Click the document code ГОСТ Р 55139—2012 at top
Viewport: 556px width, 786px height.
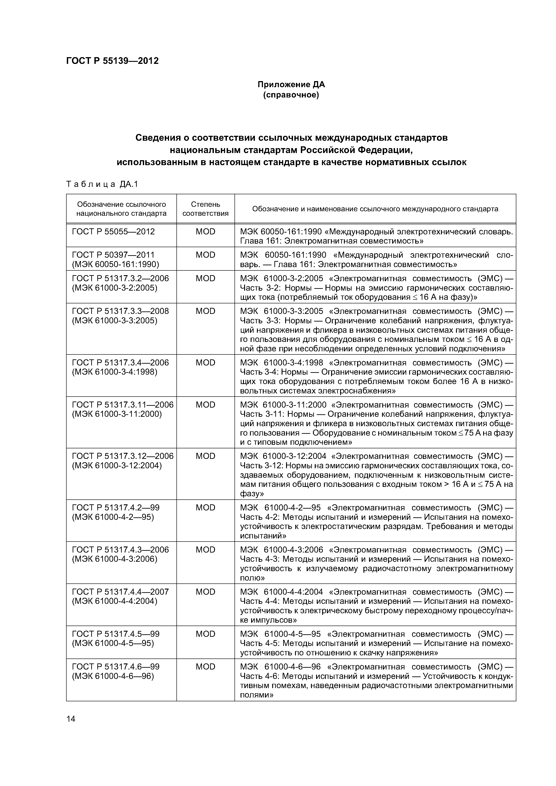[x=112, y=61]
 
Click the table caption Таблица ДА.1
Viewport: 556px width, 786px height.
[x=102, y=185]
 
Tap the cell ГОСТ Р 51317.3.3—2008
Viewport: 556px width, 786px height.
[x=120, y=311]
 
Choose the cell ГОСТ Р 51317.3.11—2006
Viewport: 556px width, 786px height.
[x=123, y=405]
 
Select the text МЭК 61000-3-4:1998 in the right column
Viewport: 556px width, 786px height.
[x=281, y=363]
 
